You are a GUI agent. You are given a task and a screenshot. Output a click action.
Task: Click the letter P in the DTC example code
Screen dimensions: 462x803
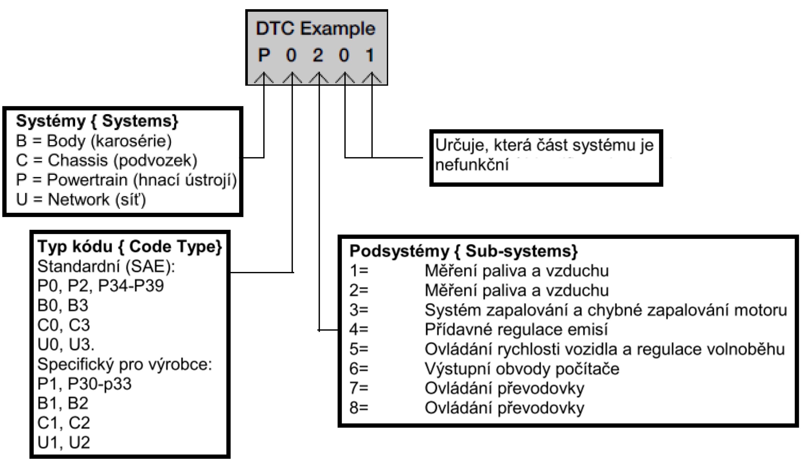pyautogui.click(x=264, y=55)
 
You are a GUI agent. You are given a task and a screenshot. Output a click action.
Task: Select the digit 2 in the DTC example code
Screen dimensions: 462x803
pyautogui.click(x=318, y=55)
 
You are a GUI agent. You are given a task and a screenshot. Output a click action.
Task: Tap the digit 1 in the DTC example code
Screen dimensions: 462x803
pyautogui.click(x=370, y=55)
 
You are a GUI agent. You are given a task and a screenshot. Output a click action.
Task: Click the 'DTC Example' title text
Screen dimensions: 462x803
pyautogui.click(x=316, y=29)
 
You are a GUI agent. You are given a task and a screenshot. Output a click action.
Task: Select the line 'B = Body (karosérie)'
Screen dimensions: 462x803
pyautogui.click(x=93, y=141)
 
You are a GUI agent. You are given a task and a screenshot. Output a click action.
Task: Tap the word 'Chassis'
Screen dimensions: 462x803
pyautogui.click(x=78, y=160)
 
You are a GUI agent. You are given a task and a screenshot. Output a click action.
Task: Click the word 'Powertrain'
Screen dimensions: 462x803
pyautogui.click(x=87, y=180)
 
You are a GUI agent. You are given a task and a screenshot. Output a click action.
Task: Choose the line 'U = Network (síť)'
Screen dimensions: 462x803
pyautogui.click(x=81, y=199)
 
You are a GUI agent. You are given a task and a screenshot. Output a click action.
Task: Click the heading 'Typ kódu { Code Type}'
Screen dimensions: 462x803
pyautogui.click(x=130, y=246)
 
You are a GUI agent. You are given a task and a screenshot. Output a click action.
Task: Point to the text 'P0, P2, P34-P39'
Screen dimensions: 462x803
pyautogui.click(x=101, y=286)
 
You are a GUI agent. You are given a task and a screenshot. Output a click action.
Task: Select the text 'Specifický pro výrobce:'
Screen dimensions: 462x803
pyautogui.click(x=125, y=364)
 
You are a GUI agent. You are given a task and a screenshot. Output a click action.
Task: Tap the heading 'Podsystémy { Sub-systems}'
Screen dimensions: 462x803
pyautogui.click(x=464, y=251)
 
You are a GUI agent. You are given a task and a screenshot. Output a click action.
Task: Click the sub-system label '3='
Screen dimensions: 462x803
pyautogui.click(x=359, y=310)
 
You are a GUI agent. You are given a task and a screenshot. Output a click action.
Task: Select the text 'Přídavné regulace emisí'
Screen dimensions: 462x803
pyautogui.click(x=516, y=330)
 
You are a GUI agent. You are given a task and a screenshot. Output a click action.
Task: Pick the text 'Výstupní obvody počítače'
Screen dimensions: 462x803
pyautogui.click(x=522, y=369)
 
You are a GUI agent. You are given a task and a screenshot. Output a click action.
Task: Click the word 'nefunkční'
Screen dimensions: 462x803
pyautogui.click(x=472, y=165)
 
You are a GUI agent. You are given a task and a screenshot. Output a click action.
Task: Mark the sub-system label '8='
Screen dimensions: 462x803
pyautogui.click(x=359, y=408)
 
